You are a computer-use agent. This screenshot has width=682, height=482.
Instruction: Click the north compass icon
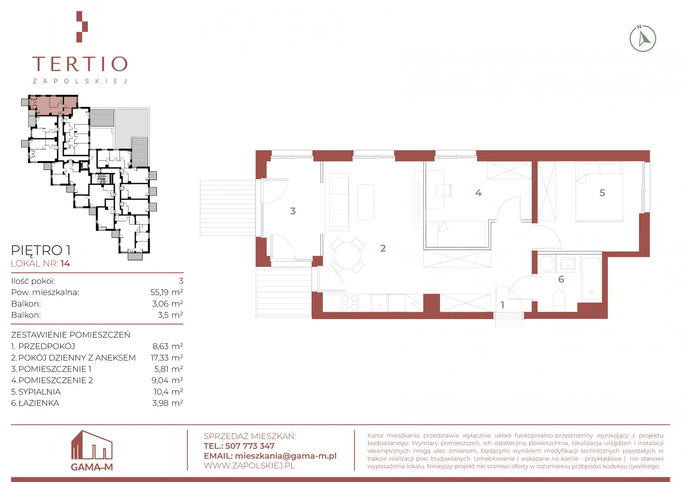pyautogui.click(x=643, y=39)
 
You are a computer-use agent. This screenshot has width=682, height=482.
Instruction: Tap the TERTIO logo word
pyautogui.click(x=80, y=64)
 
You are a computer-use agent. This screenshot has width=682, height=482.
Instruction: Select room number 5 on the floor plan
pyautogui.click(x=602, y=193)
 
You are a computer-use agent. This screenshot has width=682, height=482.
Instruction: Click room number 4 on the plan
pyautogui.click(x=478, y=193)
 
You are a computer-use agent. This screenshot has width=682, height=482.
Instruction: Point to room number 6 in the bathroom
pyautogui.click(x=561, y=279)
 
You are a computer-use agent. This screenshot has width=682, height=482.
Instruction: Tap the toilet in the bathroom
pyautogui.click(x=559, y=300)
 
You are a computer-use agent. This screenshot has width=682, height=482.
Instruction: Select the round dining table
pyautogui.click(x=347, y=255)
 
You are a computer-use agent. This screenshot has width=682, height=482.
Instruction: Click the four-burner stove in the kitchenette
pyautogui.click(x=349, y=303)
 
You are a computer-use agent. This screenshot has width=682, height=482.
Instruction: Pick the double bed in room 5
pyautogui.click(x=599, y=192)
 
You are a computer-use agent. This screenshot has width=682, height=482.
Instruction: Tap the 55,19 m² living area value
pyautogui.click(x=166, y=292)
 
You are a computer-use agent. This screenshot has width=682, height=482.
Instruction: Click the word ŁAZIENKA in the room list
pyautogui.click(x=39, y=403)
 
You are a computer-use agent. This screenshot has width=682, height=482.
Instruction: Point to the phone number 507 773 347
pyautogui.click(x=250, y=446)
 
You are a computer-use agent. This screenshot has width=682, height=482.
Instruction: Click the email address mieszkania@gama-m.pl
pyautogui.click(x=286, y=456)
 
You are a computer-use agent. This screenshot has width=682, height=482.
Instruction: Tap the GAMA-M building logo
pyautogui.click(x=91, y=450)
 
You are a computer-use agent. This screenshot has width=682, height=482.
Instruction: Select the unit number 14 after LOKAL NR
pyautogui.click(x=65, y=263)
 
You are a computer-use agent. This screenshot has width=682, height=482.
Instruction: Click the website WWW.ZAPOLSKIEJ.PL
pyautogui.click(x=250, y=465)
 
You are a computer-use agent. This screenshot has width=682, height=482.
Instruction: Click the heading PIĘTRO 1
pyautogui.click(x=41, y=250)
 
